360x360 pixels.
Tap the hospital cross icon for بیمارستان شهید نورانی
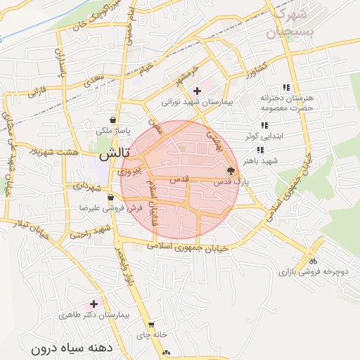coord(198,91)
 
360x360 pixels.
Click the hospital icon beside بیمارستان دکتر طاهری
coord(94,304)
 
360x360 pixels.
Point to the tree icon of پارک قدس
coord(231,171)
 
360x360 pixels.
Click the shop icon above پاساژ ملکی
coord(113,120)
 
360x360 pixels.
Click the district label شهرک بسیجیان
coord(288,23)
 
